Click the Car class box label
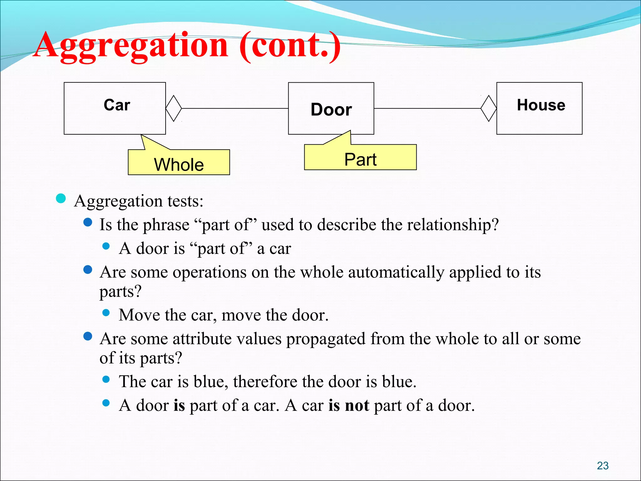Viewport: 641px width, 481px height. click(117, 105)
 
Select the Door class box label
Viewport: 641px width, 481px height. click(331, 110)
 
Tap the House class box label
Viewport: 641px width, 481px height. click(541, 105)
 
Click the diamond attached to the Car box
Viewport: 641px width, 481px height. click(174, 108)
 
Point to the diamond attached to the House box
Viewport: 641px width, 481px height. click(489, 108)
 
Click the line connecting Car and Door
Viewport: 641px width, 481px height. click(235, 108)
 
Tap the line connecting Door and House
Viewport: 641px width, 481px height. click(427, 108)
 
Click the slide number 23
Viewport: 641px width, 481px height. click(603, 466)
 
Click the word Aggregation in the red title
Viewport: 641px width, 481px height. click(131, 45)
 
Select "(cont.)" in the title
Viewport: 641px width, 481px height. click(290, 45)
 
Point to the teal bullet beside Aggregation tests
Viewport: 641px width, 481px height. click(61, 198)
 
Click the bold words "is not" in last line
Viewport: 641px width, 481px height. click(349, 406)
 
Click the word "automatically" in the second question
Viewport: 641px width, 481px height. click(396, 272)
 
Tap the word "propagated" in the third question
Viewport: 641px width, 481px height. click(326, 339)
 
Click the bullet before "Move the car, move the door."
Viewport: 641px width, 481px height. click(106, 313)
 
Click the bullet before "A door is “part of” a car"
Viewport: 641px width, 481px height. click(106, 246)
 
